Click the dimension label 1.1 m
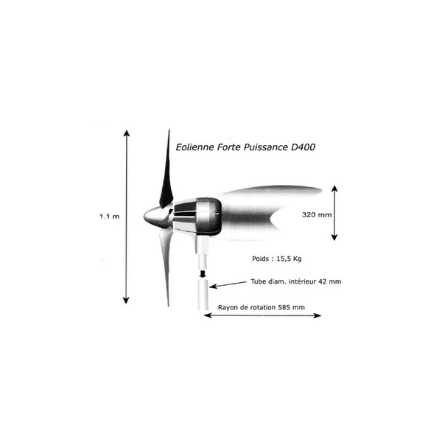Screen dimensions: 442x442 [x=109, y=217]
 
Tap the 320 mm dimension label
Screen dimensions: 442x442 [x=317, y=215]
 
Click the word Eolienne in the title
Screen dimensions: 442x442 [x=194, y=147]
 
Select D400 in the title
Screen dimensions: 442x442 [x=303, y=147]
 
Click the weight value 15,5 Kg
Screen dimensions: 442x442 [x=289, y=259]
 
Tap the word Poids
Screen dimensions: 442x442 [x=261, y=259]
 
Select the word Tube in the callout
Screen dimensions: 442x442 [x=257, y=281]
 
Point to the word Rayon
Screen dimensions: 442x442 [x=228, y=307]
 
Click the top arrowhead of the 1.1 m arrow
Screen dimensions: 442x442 [x=127, y=132]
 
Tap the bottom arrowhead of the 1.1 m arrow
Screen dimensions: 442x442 [x=126, y=301]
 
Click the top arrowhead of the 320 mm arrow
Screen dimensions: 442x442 [x=334, y=188]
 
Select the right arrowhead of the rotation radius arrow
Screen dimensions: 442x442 [x=318, y=315]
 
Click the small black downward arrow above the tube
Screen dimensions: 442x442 [x=203, y=274]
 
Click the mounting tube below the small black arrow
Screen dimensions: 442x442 [x=203, y=294]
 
